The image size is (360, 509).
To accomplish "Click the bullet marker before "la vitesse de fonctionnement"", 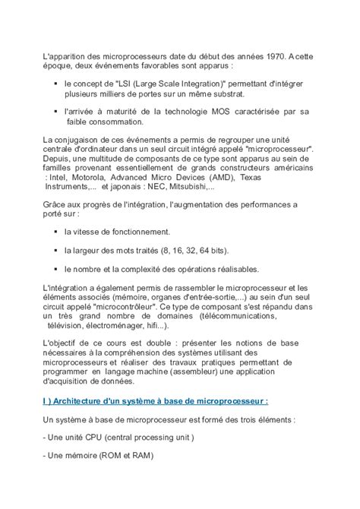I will (55, 231).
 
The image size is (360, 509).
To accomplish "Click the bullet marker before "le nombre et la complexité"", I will (55, 269).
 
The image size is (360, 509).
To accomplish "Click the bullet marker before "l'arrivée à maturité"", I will (55, 112).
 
